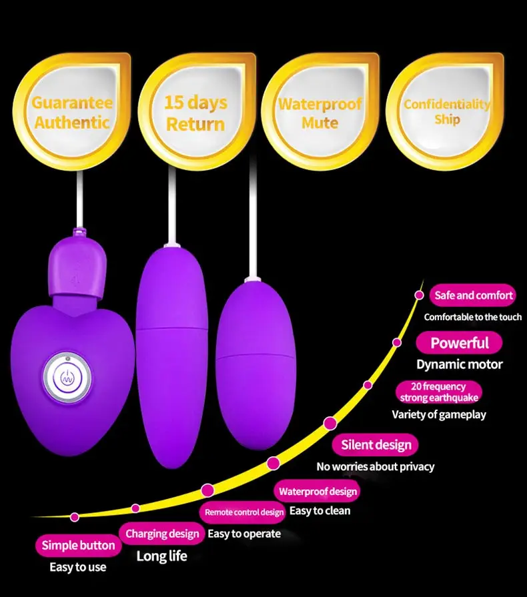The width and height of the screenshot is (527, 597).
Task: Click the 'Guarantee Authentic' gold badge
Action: tap(72, 112)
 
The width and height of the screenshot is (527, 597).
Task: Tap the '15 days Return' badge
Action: tap(195, 112)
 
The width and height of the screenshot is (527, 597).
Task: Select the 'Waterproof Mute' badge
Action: tap(320, 112)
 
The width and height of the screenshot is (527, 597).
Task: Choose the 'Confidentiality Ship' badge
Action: tap(446, 111)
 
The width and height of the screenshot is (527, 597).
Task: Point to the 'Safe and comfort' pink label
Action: tap(474, 295)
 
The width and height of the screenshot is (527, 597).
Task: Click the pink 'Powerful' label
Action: tap(459, 343)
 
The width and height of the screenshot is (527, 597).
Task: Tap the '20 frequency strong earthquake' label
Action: tap(439, 392)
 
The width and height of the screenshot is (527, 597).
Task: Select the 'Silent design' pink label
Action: tap(376, 445)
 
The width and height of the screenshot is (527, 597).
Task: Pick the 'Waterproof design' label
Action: tap(318, 492)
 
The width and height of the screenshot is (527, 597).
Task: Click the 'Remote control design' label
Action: tap(244, 512)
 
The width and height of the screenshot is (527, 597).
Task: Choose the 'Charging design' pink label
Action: tap(162, 534)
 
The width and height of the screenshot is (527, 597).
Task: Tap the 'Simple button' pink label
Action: tap(78, 546)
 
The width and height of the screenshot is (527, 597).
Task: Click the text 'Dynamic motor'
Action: tap(459, 364)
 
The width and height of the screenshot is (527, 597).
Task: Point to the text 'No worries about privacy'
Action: tap(375, 466)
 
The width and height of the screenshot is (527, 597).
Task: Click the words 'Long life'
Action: tap(161, 556)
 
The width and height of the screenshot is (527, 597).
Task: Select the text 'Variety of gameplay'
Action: tap(438, 414)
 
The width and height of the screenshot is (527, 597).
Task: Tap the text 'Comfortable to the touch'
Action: tap(472, 317)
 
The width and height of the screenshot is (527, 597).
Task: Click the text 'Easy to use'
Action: tap(77, 567)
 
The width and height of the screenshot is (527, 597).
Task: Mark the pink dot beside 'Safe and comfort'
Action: tap(419, 295)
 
